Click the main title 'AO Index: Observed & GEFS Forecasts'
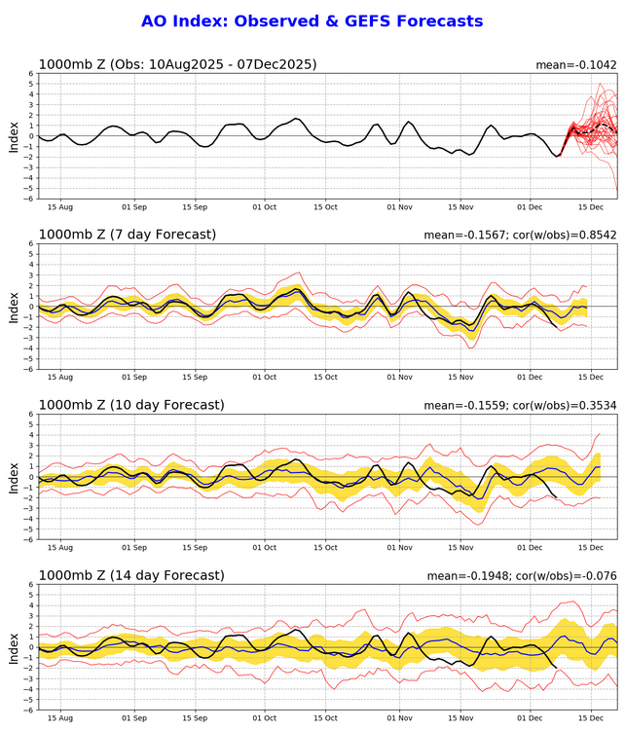pyautogui.click(x=312, y=20)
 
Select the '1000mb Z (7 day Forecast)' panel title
pyautogui.click(x=128, y=235)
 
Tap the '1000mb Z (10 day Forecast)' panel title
pyautogui.click(x=131, y=405)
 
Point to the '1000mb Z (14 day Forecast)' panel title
pyautogui.click(x=131, y=575)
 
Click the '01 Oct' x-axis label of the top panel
pyautogui.click(x=265, y=207)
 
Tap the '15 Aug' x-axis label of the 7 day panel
pyautogui.click(x=60, y=378)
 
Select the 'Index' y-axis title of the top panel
pyautogui.click(x=14, y=135)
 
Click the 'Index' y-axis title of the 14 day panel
pyautogui.click(x=14, y=646)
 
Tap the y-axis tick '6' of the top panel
pyautogui.click(x=31, y=73)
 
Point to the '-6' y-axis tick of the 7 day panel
pyautogui.click(x=28, y=369)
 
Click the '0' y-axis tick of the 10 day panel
pyautogui.click(x=31, y=477)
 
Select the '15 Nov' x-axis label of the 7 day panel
pyautogui.click(x=460, y=378)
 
